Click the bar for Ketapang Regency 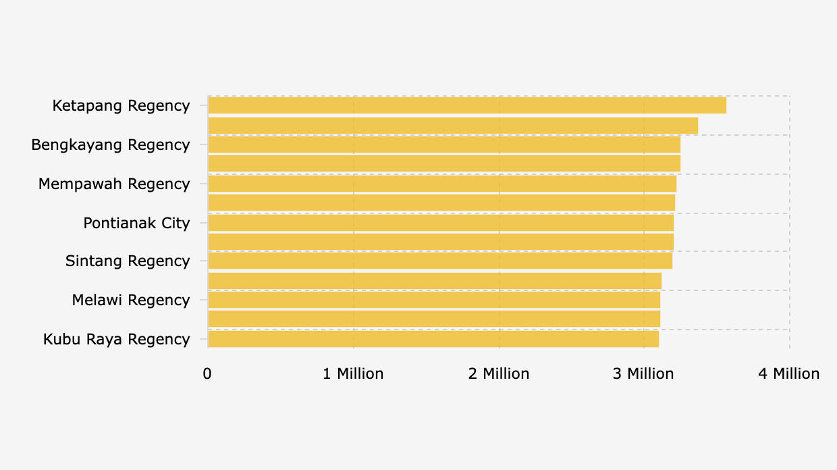click(467, 105)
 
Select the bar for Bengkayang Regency click(444, 145)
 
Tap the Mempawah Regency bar click(442, 184)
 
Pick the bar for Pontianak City click(441, 223)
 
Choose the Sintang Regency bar click(440, 261)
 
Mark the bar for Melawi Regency click(434, 300)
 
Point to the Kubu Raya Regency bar click(433, 339)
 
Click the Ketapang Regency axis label click(121, 106)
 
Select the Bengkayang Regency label click(111, 145)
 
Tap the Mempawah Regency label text click(114, 184)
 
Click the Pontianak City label click(136, 224)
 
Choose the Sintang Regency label click(128, 261)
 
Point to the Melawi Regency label click(131, 301)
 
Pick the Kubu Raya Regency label click(116, 340)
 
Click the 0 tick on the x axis click(207, 373)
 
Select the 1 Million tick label click(353, 373)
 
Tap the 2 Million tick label click(499, 373)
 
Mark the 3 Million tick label click(643, 373)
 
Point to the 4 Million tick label click(788, 373)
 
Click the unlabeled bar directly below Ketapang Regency click(453, 126)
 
